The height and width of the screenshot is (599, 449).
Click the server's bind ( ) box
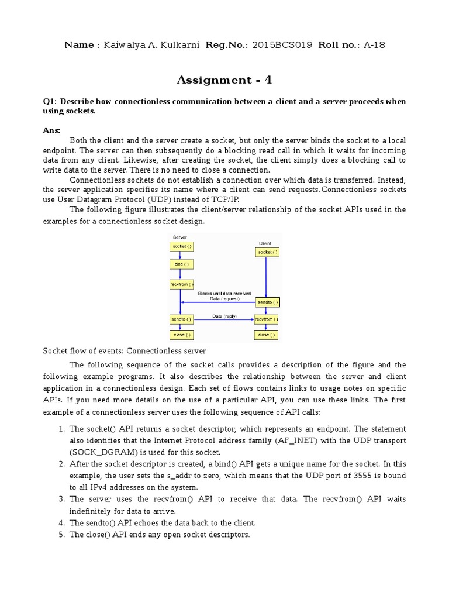(x=179, y=264)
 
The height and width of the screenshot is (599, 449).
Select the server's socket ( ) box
(x=180, y=246)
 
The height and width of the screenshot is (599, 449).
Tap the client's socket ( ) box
(x=267, y=252)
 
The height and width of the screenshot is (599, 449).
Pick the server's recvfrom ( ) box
(x=181, y=284)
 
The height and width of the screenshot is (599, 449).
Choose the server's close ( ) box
(x=180, y=335)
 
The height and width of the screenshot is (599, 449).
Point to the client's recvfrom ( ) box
(x=267, y=320)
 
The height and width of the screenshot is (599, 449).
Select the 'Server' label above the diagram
(x=179, y=236)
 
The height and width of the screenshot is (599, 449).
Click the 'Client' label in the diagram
(x=265, y=242)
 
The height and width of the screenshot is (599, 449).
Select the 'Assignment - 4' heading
(x=224, y=80)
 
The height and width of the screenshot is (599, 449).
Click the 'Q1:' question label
(x=51, y=101)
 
